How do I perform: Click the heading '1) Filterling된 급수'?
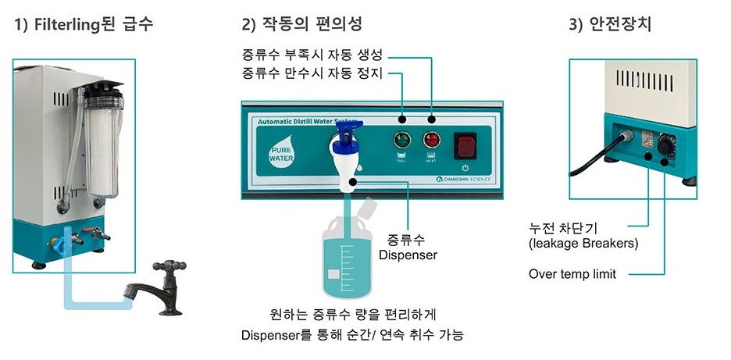84,23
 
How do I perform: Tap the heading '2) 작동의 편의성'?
301,23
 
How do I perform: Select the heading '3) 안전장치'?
610,23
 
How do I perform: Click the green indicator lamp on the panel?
401,141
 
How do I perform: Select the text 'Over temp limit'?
572,274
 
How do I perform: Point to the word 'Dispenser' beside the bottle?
408,255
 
